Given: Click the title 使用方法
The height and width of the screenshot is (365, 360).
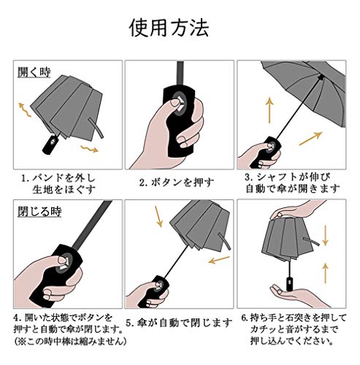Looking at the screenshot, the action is pos(169,28).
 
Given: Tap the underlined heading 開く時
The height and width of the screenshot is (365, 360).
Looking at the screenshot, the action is pos(34,72).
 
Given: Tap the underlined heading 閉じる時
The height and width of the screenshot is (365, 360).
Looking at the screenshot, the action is pos(39,212).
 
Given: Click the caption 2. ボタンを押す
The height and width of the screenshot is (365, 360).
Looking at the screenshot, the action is pos(177,182).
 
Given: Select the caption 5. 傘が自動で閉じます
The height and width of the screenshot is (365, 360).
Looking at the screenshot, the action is pos(179,323).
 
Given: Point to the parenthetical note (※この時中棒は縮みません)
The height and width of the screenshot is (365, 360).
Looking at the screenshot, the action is pos(70,341).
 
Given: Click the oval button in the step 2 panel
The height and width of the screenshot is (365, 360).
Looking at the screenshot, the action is pos(178,104).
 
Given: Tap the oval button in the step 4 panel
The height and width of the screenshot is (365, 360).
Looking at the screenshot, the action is pos(64,263).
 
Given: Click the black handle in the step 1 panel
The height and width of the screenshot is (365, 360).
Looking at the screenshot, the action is pos(50,145).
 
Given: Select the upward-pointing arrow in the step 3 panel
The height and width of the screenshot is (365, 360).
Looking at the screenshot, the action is pos(269,110).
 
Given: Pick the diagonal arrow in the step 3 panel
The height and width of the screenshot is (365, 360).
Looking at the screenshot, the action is pos(310,139).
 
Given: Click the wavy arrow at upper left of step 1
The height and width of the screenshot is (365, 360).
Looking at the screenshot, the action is pos(25,110).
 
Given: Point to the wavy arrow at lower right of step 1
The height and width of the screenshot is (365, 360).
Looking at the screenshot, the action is pos(90,149).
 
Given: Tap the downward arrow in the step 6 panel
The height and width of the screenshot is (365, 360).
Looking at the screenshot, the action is pos(325,236).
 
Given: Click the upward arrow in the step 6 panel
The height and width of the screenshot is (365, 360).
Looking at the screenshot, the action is pos(326,273).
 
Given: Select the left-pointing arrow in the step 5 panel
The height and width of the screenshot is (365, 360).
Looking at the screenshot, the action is pos(219,260).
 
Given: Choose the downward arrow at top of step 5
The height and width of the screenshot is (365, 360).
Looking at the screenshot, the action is pos(158,217).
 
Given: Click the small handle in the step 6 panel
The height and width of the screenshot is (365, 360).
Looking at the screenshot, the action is pos(289,284).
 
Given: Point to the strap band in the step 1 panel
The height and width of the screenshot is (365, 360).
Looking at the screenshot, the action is pos(96,128).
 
